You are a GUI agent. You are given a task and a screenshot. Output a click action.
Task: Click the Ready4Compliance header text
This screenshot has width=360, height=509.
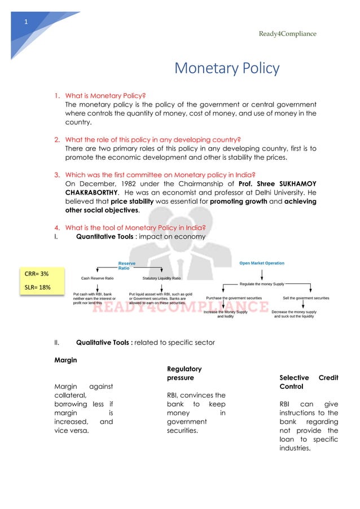click(287, 34)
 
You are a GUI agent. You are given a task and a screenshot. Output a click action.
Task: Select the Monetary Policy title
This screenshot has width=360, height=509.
click(227, 69)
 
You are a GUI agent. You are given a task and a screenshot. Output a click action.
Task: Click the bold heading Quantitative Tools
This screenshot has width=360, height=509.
click(105, 236)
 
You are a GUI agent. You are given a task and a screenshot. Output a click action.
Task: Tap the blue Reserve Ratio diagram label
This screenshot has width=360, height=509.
click(126, 265)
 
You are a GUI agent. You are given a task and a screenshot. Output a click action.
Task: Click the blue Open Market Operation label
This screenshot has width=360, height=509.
click(262, 263)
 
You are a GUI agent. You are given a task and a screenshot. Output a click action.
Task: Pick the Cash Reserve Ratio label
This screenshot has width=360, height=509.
click(98, 278)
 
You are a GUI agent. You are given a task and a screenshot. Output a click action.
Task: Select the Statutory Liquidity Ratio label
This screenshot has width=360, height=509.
click(162, 278)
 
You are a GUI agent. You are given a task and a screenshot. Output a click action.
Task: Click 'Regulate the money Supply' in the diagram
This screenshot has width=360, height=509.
click(262, 284)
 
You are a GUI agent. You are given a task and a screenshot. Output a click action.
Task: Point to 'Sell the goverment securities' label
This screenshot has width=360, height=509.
click(306, 297)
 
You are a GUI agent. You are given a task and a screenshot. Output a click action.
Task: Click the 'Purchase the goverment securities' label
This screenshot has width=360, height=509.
click(234, 297)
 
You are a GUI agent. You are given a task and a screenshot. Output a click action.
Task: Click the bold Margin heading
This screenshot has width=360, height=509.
click(65, 359)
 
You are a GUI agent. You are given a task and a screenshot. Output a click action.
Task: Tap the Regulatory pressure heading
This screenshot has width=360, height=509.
click(183, 373)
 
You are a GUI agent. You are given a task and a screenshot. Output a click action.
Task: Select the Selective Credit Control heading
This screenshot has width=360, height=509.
click(309, 382)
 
